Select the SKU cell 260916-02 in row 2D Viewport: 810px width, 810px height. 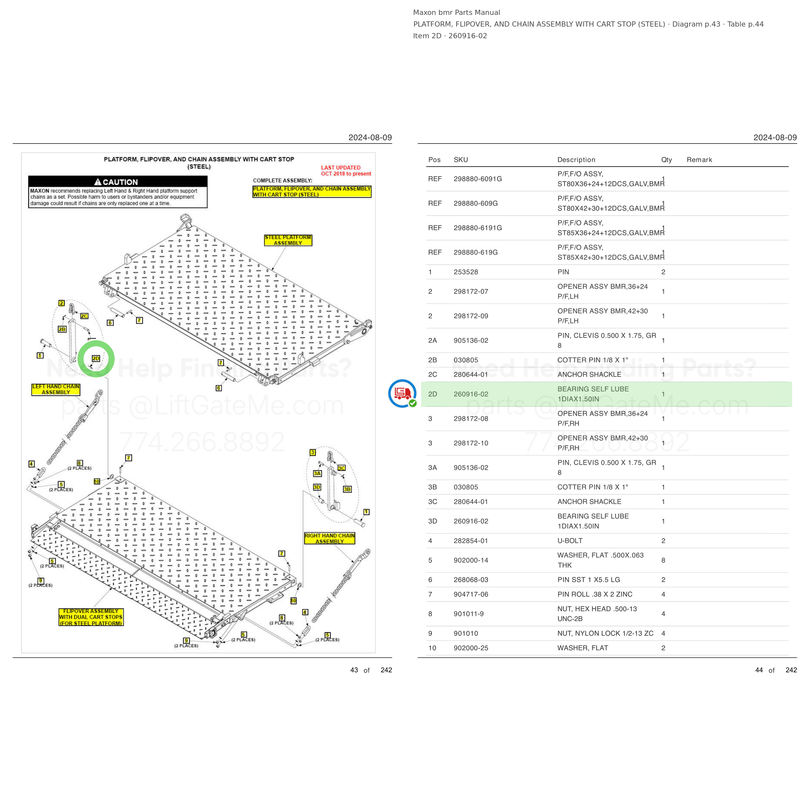(x=471, y=394)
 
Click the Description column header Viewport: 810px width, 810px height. (x=576, y=160)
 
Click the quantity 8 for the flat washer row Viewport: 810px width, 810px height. (x=663, y=560)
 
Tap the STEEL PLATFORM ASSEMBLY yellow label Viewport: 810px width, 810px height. (x=288, y=240)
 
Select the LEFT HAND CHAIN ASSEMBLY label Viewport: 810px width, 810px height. (x=56, y=389)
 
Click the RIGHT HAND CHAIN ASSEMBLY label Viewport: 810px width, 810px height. (x=330, y=539)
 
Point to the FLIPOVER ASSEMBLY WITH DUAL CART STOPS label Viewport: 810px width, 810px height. (x=91, y=617)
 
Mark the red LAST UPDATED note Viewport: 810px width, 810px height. (x=346, y=171)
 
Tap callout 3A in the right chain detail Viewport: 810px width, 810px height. (x=318, y=473)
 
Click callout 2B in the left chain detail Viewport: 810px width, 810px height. (x=62, y=330)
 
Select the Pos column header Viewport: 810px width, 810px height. (x=434, y=160)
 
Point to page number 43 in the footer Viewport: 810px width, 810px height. (x=354, y=670)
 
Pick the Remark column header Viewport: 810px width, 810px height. (x=699, y=160)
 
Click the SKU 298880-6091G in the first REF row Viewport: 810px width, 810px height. (x=478, y=179)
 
